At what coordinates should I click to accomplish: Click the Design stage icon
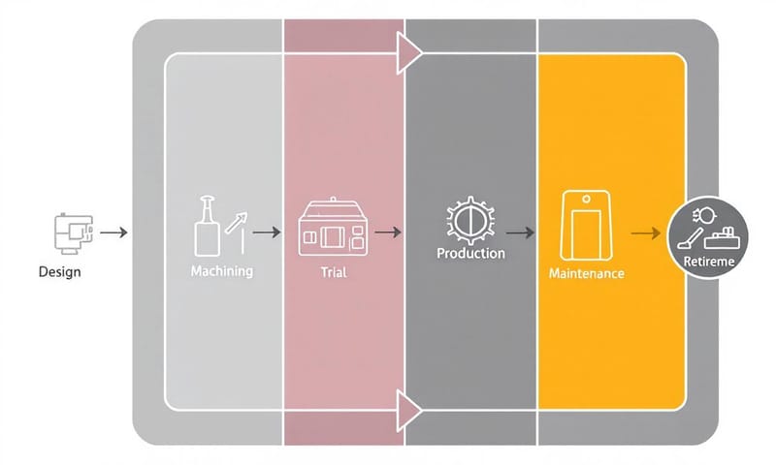click(71, 232)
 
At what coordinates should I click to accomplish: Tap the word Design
click(60, 272)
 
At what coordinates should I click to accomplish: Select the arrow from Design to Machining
click(113, 232)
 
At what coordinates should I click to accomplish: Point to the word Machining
click(222, 271)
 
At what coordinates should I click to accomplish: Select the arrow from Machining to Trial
click(267, 232)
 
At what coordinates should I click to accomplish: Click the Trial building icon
click(332, 230)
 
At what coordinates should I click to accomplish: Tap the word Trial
click(333, 273)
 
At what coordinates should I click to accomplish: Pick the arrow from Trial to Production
click(388, 232)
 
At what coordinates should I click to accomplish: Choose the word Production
click(470, 254)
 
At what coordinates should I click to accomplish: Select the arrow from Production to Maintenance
click(520, 232)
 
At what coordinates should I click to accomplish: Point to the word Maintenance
click(586, 274)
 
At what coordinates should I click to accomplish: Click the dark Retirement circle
click(709, 236)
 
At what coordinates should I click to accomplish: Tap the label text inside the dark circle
click(709, 263)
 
